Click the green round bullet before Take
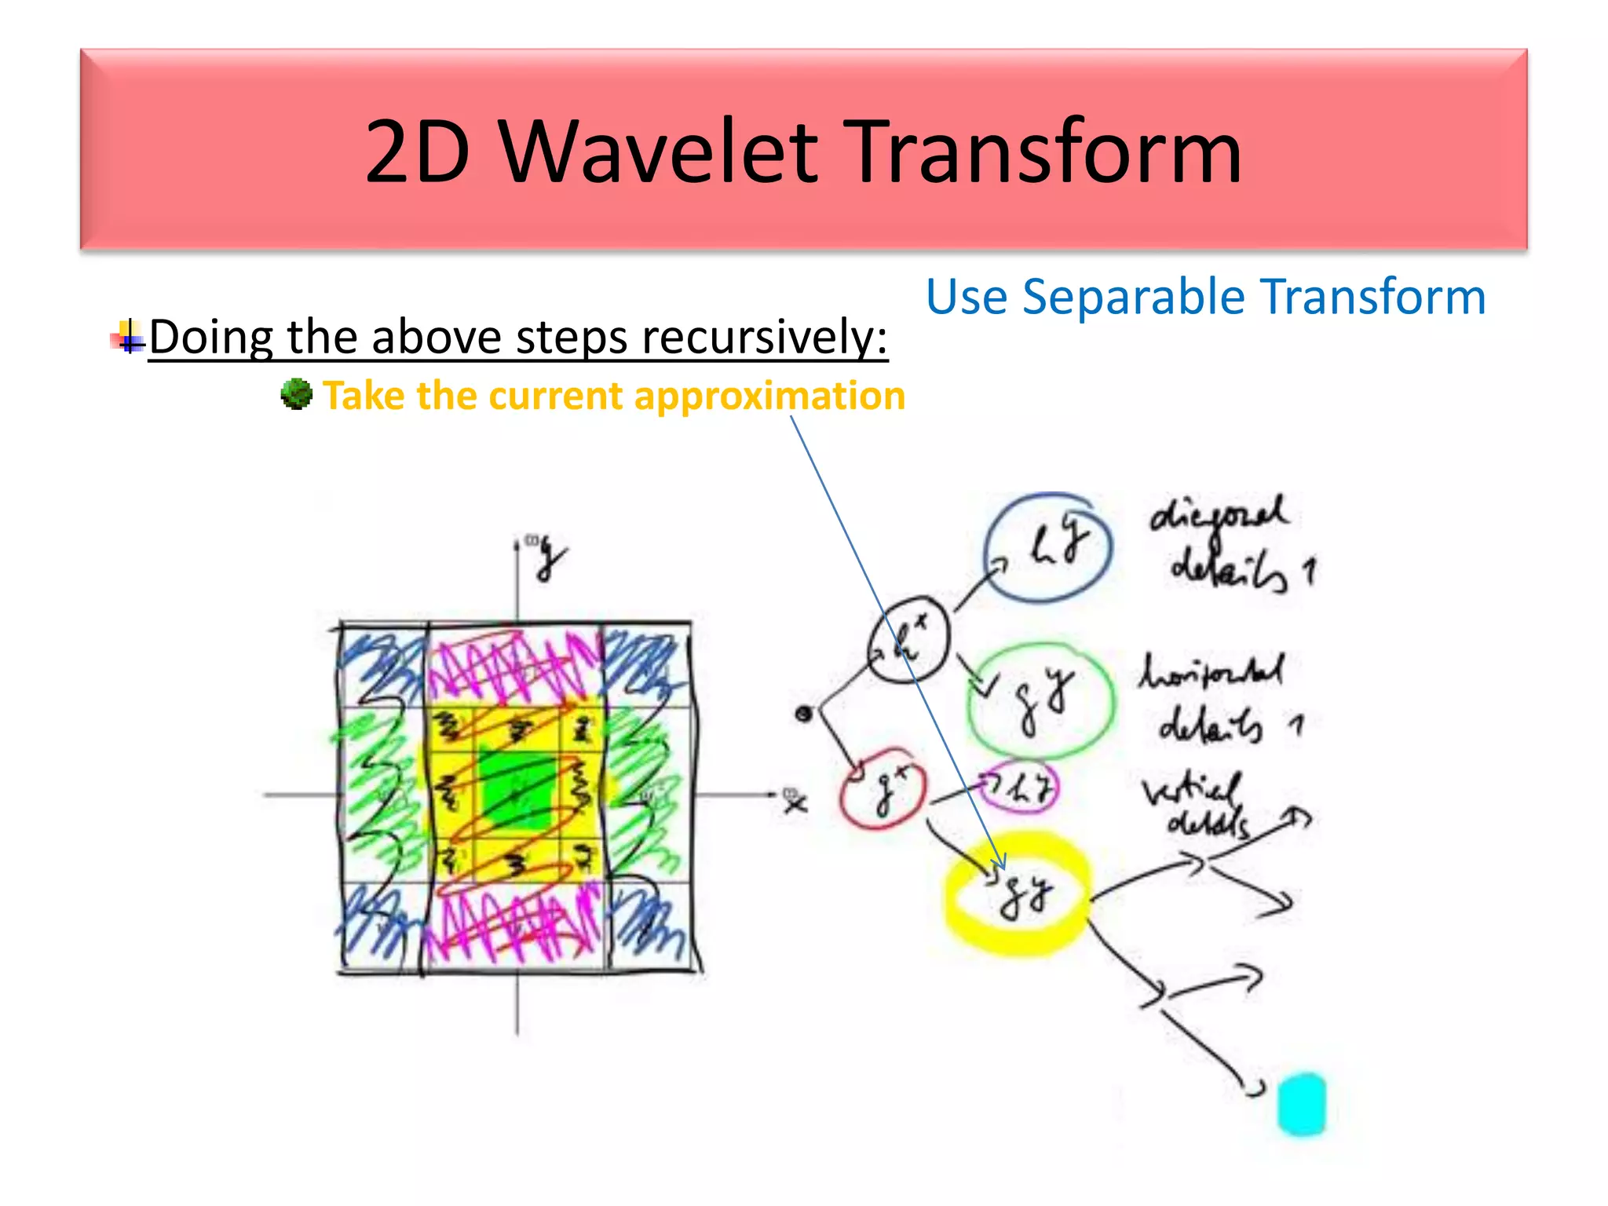tap(296, 394)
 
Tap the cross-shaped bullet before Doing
tap(129, 338)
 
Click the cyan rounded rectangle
tap(1301, 1104)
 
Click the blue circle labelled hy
tap(1048, 547)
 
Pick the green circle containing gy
tap(1041, 699)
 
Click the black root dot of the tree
tap(802, 714)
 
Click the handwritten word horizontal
tap(1211, 672)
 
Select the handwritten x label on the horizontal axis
tap(795, 802)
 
